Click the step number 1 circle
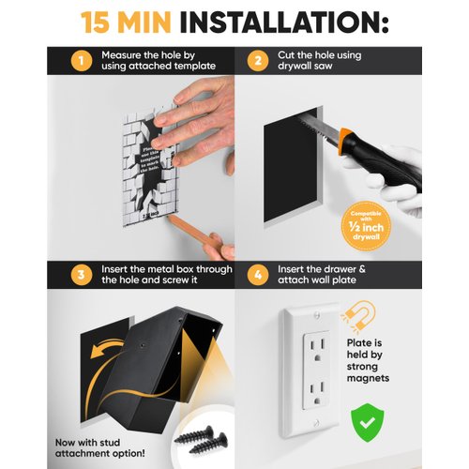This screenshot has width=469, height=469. [81, 63]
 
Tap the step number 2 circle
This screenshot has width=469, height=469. [256, 63]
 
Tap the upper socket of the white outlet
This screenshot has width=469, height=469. [312, 353]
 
